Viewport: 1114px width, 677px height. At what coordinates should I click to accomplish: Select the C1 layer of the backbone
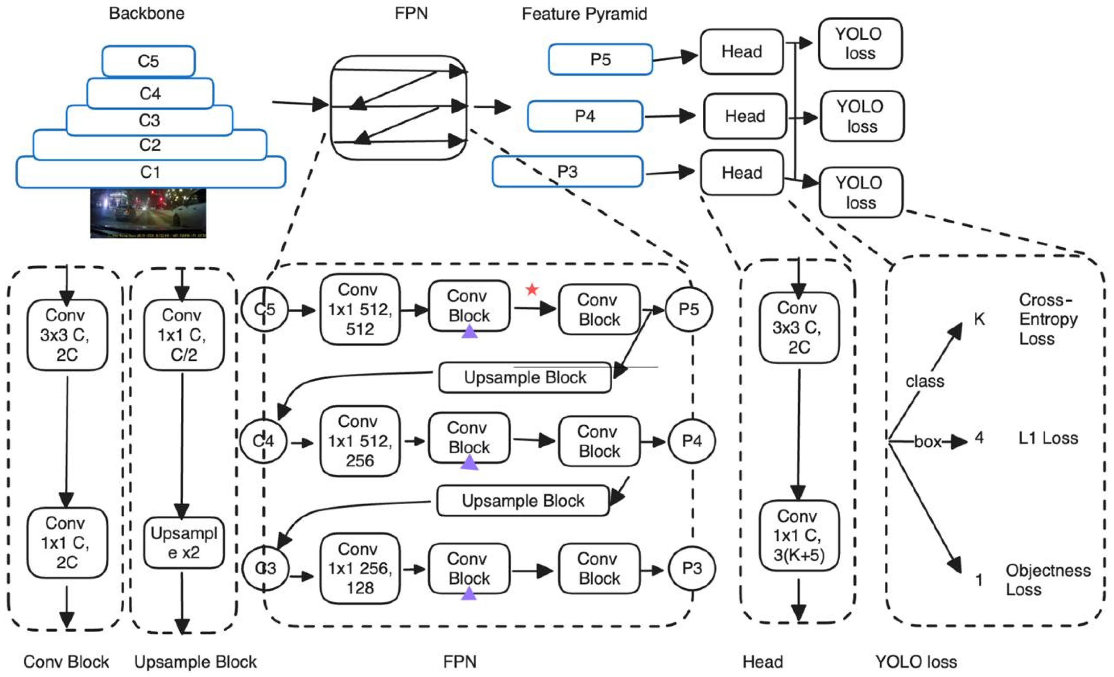[151, 172]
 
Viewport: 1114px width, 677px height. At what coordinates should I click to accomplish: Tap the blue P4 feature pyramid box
[585, 116]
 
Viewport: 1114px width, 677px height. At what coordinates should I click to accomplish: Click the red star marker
[532, 290]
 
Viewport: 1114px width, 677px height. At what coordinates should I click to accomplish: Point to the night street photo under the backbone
[148, 213]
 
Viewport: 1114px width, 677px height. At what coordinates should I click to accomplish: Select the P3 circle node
[692, 568]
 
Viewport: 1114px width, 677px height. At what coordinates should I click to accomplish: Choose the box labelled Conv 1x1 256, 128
[360, 568]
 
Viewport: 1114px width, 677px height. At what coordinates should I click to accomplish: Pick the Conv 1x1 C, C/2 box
[184, 335]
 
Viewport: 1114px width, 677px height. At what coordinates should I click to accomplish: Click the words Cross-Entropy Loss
[1048, 319]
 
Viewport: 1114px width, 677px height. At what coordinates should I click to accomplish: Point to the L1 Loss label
[1048, 438]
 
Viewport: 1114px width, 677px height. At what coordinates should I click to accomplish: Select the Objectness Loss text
[1048, 580]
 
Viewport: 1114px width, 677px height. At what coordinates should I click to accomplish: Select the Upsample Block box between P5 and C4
[525, 377]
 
